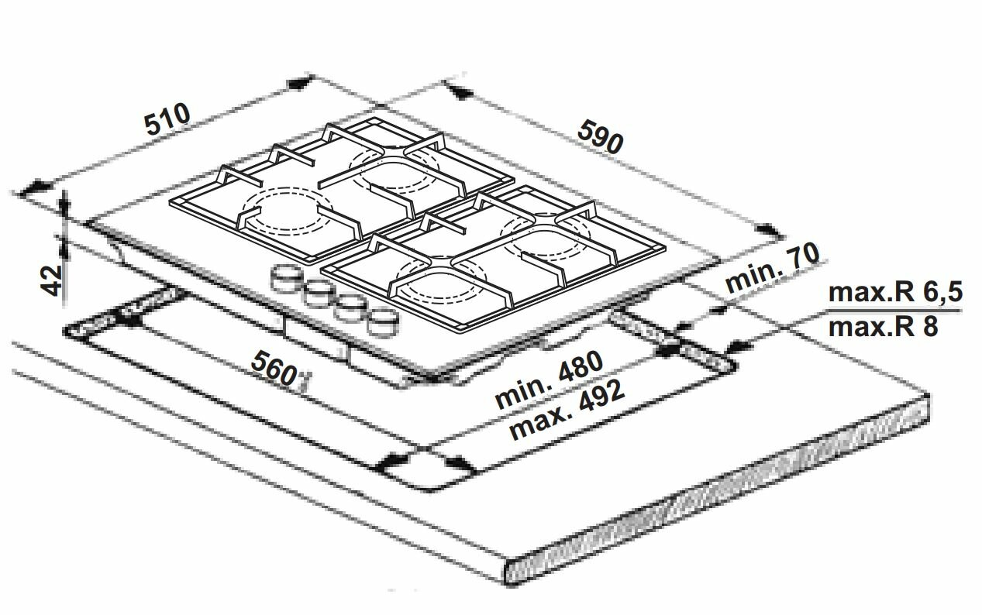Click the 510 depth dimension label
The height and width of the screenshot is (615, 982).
pyautogui.click(x=168, y=119)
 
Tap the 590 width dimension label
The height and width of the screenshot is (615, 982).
pyautogui.click(x=600, y=138)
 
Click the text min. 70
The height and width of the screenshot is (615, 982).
pyautogui.click(x=772, y=269)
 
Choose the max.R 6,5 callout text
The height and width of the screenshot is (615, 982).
pyautogui.click(x=895, y=292)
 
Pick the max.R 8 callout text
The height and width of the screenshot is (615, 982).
pyautogui.click(x=883, y=326)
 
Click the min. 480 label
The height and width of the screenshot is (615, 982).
pyautogui.click(x=550, y=380)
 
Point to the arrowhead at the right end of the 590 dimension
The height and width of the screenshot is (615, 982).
pyautogui.click(x=770, y=230)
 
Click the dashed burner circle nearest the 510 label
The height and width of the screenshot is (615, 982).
pyautogui.click(x=287, y=209)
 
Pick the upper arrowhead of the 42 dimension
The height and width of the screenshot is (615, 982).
pyautogui.click(x=64, y=204)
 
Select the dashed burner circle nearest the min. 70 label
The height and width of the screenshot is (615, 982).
pyautogui.click(x=546, y=235)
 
